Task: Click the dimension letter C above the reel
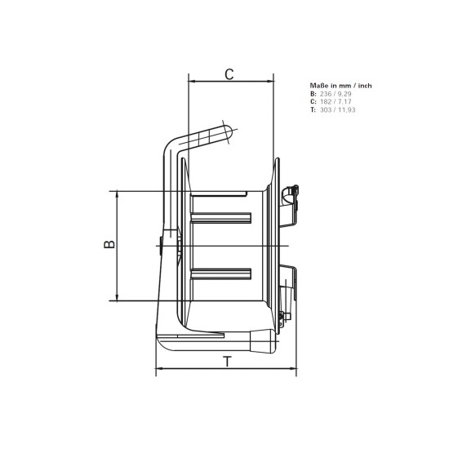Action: (229, 74)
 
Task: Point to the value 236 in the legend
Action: (325, 95)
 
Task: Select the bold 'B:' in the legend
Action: (313, 95)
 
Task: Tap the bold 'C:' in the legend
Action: (313, 102)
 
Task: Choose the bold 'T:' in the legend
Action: (313, 109)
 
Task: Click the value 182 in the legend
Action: (325, 102)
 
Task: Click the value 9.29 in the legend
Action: (345, 95)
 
